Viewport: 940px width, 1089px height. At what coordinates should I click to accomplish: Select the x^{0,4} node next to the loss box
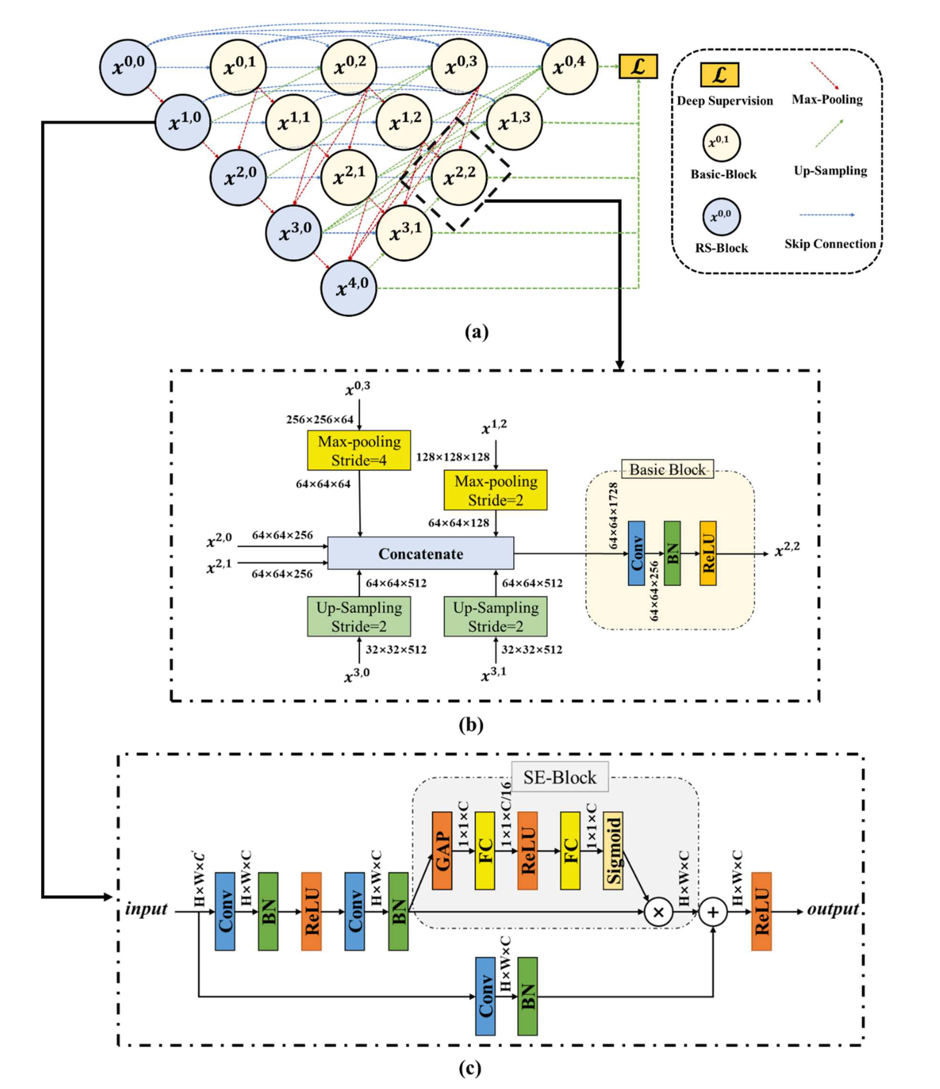click(569, 66)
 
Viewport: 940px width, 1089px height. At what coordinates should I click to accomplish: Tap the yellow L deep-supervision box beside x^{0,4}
click(638, 67)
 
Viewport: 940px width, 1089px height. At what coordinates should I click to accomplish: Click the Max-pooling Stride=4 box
click(359, 450)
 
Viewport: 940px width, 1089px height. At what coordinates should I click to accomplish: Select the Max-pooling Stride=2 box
click(495, 490)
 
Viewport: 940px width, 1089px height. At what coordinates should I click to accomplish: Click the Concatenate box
click(420, 553)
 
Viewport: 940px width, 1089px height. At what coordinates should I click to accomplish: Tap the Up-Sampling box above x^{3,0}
click(359, 616)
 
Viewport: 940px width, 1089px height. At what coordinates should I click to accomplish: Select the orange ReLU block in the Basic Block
click(708, 553)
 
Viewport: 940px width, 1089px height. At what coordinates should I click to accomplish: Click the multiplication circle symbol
click(658, 912)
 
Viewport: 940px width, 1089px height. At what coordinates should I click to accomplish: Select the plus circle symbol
click(712, 912)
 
